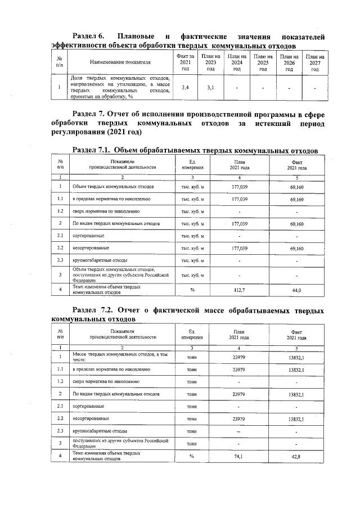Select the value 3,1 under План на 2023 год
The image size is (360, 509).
click(x=210, y=88)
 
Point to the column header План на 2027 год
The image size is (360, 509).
click(x=314, y=62)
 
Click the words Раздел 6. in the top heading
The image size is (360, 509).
click(x=91, y=36)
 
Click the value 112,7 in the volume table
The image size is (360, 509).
click(x=240, y=290)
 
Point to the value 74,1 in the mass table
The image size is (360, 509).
click(x=240, y=456)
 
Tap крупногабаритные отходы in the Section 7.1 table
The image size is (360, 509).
click(x=100, y=260)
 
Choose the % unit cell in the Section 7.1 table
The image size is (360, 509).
click(x=192, y=290)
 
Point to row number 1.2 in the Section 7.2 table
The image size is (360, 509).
click(x=60, y=381)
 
